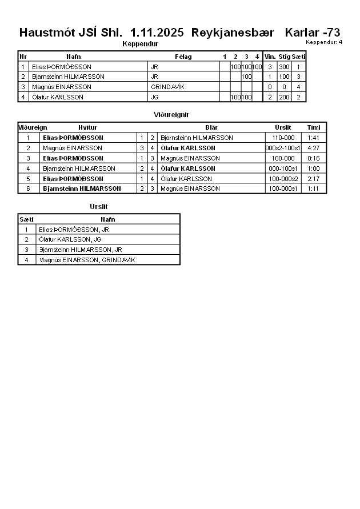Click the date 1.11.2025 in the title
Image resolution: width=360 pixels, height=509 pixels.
click(157, 33)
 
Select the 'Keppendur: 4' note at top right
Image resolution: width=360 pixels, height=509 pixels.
click(324, 42)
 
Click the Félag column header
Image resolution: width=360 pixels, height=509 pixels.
click(183, 57)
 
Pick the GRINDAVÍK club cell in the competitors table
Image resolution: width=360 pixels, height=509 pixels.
click(168, 87)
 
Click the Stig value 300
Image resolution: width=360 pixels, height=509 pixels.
click(284, 67)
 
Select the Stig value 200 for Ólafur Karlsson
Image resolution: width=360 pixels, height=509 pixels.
click(284, 97)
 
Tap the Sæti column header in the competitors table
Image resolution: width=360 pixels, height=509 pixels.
click(299, 57)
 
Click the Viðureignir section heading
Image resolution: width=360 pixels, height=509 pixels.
click(171, 115)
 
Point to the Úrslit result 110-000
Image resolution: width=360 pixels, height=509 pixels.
click(283, 138)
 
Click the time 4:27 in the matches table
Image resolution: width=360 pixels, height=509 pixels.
click(313, 148)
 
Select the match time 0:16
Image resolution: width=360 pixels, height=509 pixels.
click(313, 158)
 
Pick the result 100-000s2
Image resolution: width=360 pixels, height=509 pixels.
click(283, 179)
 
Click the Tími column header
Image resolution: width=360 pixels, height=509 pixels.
click(313, 127)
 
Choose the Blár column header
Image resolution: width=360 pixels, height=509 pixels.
click(211, 127)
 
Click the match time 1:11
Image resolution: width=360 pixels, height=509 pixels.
click(313, 189)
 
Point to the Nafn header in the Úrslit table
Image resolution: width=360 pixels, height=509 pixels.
click(107, 219)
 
